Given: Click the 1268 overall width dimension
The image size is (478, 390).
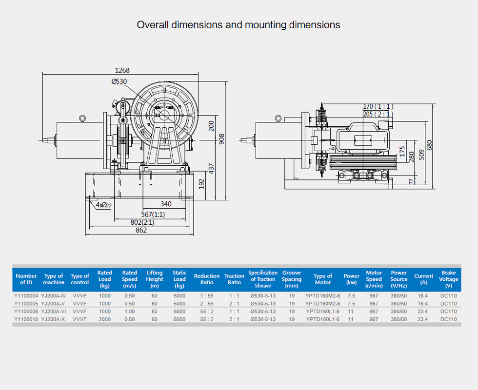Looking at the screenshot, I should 122,70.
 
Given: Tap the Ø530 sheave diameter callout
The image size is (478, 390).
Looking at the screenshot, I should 119,81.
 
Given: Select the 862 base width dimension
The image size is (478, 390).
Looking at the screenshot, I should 141,230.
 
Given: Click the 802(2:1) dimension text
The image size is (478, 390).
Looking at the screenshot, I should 142,222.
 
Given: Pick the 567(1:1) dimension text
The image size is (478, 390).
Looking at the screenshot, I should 153,214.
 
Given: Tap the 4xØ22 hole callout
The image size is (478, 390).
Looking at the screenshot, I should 103,205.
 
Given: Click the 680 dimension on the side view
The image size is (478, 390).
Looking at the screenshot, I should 429,145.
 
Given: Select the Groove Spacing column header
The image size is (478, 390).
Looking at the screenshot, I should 292,279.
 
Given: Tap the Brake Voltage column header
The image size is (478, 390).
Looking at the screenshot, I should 448,279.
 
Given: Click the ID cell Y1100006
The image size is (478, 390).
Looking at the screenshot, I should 26,312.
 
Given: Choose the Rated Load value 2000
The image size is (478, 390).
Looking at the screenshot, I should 105,319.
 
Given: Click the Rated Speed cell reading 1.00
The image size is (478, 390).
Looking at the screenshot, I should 129,312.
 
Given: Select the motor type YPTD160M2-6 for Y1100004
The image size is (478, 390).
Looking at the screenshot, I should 323,296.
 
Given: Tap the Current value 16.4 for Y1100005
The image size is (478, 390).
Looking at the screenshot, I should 422,304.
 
